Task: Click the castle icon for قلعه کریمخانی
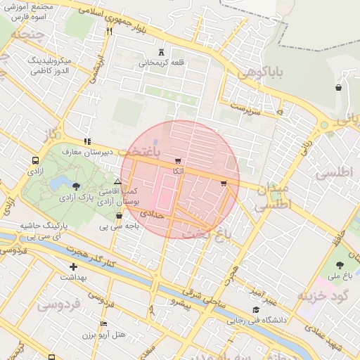(x=163, y=52)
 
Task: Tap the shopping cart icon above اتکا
(x=176, y=161)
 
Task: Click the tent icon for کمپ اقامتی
(x=117, y=182)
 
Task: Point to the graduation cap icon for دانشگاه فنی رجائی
(x=256, y=309)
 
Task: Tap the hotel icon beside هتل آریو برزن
(x=103, y=324)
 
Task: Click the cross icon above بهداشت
(x=73, y=266)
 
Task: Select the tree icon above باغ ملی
(x=340, y=265)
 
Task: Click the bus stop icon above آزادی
(x=35, y=160)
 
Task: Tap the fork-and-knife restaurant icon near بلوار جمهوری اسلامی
(x=109, y=31)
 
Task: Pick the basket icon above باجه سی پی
(x=119, y=216)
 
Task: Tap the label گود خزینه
(x=328, y=295)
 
